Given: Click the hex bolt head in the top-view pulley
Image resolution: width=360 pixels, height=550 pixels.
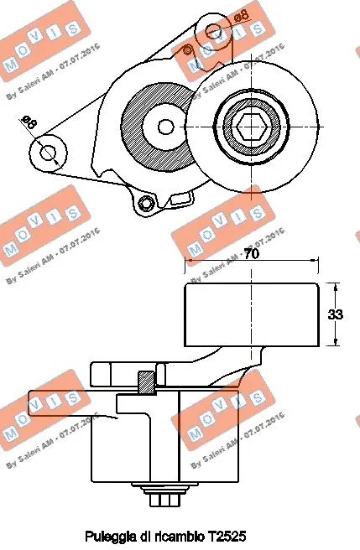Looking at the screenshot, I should click(x=249, y=128).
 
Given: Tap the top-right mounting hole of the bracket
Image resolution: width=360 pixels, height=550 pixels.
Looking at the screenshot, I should click(x=213, y=31).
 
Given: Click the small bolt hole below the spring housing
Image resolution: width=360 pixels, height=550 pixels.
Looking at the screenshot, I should click(x=146, y=203).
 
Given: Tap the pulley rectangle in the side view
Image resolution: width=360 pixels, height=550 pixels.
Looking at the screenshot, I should click(x=251, y=315).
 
